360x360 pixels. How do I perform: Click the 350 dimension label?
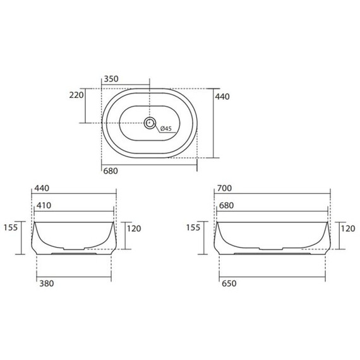[x=111, y=79]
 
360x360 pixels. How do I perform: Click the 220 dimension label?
[x=76, y=95]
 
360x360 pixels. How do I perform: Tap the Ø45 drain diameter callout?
[x=165, y=128]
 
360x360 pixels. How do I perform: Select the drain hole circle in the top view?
[x=150, y=123]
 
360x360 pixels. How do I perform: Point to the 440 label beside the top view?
[x=222, y=97]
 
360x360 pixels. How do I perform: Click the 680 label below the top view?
[x=111, y=171]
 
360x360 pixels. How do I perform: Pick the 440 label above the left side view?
[x=42, y=188]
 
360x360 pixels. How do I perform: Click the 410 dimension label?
[x=44, y=205]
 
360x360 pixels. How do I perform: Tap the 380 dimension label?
[x=47, y=284]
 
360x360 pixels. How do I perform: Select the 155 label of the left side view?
[x=11, y=227]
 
